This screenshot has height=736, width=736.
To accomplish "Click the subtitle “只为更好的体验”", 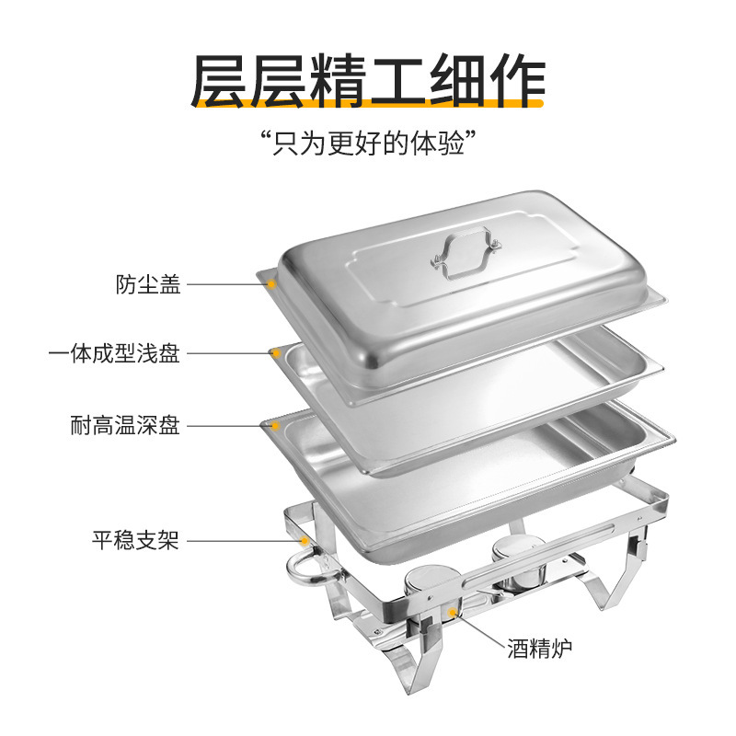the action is tap(368, 144).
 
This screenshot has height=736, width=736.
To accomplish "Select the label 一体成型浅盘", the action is tap(114, 354).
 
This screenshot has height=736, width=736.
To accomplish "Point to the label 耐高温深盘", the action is tap(125, 426).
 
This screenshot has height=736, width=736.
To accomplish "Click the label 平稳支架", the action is tap(135, 540).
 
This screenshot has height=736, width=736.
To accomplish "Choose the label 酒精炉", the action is tap(539, 650).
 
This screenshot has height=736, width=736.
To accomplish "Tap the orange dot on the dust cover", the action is tap(272, 284).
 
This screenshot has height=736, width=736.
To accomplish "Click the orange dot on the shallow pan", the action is tap(274, 354).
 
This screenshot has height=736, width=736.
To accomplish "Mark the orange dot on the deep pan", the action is tap(274, 426).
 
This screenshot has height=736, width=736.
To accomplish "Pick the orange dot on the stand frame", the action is tap(305, 540).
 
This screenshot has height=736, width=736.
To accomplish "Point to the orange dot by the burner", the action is tap(453, 610).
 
